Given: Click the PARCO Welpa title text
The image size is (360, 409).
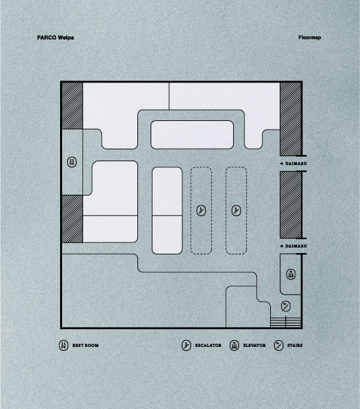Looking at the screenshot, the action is (55, 38).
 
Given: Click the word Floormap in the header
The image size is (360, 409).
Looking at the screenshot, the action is (310, 38).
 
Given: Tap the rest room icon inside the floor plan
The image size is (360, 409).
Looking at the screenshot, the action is (72, 162).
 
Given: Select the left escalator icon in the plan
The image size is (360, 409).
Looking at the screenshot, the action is (201, 211).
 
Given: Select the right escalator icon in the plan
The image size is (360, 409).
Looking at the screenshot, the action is (236, 211).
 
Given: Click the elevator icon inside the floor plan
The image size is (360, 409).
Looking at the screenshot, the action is (291, 274).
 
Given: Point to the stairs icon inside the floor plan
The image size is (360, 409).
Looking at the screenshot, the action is (286, 306).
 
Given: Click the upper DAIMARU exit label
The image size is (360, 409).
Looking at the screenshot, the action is (296, 164).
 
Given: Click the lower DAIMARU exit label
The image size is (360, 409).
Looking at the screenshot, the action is (296, 246).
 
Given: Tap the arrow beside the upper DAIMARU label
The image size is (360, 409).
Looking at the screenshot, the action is (281, 164).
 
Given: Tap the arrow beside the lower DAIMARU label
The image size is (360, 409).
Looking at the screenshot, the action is (281, 246).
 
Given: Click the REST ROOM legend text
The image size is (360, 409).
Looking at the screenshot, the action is (85, 346).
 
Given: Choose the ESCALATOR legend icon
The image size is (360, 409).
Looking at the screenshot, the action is (186, 346).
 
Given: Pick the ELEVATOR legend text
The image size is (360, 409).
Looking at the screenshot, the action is (254, 346).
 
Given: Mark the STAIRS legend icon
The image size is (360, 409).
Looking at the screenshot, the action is (279, 346).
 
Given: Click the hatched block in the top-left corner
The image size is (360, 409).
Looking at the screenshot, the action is (72, 106).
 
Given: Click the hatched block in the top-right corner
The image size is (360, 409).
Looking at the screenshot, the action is (291, 119).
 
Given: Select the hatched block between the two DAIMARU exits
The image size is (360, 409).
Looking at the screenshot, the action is (291, 205).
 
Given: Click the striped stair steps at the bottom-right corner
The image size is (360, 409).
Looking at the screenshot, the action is (286, 322).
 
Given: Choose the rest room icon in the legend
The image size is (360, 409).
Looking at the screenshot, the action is (63, 346).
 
